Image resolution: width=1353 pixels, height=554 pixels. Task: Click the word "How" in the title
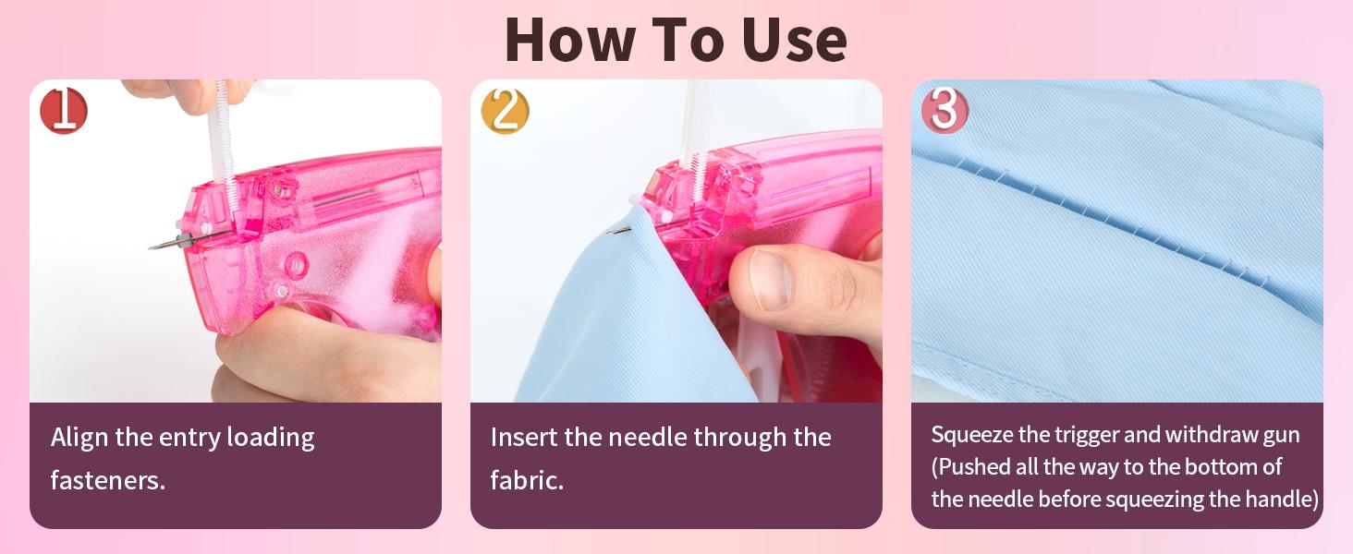(x=570, y=40)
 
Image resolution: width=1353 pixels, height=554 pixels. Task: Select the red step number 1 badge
(x=64, y=111)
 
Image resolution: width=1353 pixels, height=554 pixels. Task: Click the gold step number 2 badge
(x=505, y=111)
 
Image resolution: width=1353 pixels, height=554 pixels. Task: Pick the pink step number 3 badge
(x=945, y=111)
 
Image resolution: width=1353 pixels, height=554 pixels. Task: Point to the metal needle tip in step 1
(x=151, y=247)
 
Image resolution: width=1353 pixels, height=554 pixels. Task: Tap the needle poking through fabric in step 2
(x=620, y=230)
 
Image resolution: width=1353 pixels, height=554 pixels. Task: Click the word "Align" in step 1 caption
(x=79, y=438)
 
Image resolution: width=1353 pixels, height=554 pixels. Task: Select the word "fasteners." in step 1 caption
(x=107, y=480)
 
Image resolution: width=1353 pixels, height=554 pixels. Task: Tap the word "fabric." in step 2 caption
(x=527, y=480)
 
